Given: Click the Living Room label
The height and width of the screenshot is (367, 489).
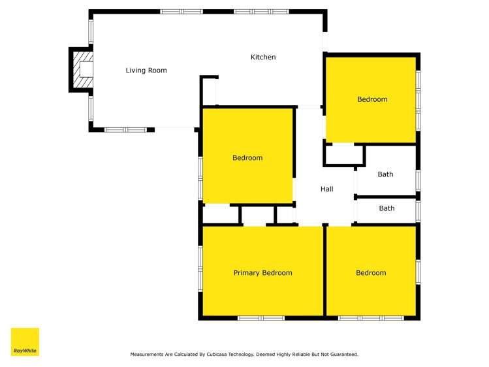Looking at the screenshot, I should click(146, 71).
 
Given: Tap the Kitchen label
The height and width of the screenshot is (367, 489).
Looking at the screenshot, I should click(263, 57).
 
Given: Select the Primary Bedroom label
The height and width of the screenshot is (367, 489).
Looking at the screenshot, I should click(262, 273).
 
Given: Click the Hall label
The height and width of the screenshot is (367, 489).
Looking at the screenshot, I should click(326, 189).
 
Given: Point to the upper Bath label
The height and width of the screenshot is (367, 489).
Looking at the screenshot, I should click(385, 174).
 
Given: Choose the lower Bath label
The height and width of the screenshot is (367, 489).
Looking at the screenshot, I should click(386, 209).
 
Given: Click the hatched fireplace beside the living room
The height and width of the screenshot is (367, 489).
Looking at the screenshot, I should click(83, 69).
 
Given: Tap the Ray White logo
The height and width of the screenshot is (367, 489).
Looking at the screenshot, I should click(25, 342).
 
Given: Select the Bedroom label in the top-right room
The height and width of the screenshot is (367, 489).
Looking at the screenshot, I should click(372, 100).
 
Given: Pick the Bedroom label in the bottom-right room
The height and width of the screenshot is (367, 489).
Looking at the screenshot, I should click(371, 273).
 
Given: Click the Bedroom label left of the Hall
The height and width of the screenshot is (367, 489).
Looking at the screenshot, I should click(247, 158).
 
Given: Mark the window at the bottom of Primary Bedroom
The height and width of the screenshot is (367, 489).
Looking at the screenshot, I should click(260, 318).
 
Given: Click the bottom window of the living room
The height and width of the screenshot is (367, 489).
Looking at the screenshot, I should click(125, 129).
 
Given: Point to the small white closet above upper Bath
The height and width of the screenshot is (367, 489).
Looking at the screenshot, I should click(343, 155).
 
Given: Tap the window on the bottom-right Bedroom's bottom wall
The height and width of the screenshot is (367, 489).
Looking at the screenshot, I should click(370, 318).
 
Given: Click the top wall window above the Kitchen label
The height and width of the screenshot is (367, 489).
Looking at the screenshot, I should click(251, 12).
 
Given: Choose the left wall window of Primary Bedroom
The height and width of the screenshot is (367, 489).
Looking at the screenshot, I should click(200, 268).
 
